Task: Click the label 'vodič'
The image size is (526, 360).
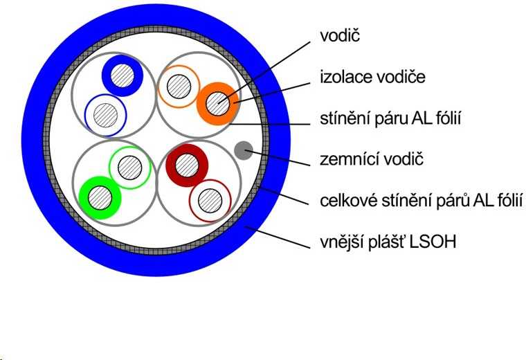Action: click(340, 35)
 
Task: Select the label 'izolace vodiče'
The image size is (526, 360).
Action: click(372, 77)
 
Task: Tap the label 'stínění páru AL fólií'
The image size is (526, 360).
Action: click(390, 118)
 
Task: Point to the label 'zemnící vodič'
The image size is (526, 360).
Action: click(372, 159)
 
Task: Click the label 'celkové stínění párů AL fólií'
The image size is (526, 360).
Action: click(421, 201)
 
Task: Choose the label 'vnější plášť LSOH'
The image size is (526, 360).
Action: click(388, 242)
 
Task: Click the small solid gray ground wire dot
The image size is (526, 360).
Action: click(244, 150)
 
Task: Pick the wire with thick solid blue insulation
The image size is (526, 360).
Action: click(123, 75)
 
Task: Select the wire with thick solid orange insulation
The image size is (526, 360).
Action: click(218, 104)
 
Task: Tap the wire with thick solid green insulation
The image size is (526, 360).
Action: click(100, 198)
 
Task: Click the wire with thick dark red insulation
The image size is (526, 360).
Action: click(187, 165)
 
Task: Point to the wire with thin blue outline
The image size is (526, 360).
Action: click(105, 116)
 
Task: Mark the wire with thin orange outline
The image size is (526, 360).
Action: click(179, 87)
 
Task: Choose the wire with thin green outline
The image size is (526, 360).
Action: click(130, 168)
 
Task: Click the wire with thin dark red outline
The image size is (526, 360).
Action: click(210, 201)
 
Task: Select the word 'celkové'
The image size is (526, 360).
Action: click(349, 201)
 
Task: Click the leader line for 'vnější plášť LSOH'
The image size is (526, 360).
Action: click(278, 237)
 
